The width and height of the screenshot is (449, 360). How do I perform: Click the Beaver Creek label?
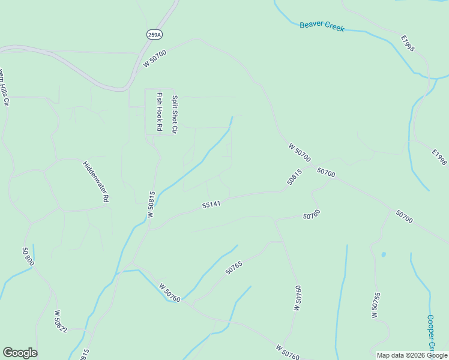322,25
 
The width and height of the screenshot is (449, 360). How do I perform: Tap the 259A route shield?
154,35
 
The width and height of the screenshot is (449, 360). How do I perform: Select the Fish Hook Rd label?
160,112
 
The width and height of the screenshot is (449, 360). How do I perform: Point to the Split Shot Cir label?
175,115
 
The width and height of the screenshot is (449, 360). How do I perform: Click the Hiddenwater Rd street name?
96,181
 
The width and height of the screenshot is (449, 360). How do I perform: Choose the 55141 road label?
212,205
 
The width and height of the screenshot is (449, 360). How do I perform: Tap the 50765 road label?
234,267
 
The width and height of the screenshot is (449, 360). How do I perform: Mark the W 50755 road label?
376,305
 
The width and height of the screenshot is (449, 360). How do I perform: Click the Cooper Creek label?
430,333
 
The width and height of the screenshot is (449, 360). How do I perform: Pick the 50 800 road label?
28,257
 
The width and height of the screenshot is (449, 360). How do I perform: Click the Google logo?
20,353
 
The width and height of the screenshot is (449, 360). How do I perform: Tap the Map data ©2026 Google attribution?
411,355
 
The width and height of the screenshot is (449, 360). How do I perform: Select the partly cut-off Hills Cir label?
4,88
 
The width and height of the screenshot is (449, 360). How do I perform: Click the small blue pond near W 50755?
383,254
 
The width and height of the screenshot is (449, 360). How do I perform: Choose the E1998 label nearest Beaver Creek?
408,43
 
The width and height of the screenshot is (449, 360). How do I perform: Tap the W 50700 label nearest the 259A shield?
155,59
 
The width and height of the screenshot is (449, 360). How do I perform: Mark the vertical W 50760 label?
297,298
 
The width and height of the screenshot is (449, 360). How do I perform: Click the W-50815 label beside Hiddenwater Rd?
152,205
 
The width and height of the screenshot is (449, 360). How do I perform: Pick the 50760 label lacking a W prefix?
312,214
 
